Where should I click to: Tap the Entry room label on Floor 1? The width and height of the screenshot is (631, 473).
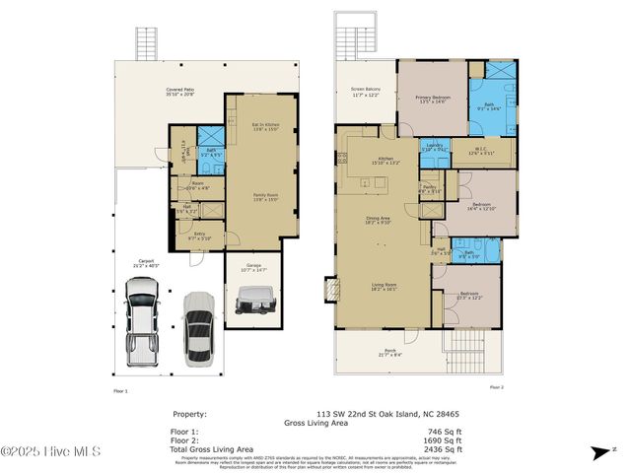[x=200, y=236]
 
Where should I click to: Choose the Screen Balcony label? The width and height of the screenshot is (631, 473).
[x=366, y=94]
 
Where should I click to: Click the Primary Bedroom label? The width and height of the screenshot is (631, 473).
[x=433, y=101]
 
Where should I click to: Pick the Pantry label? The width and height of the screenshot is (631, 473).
[x=429, y=188]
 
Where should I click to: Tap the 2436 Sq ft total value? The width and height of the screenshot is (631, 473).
[x=445, y=448]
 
